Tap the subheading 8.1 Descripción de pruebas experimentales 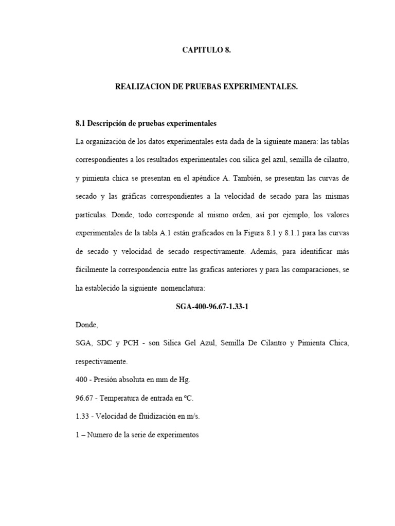pos(146,124)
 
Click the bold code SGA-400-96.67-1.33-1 pos(213,307)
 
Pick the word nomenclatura pos(183,289)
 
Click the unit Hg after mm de pos(185,380)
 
